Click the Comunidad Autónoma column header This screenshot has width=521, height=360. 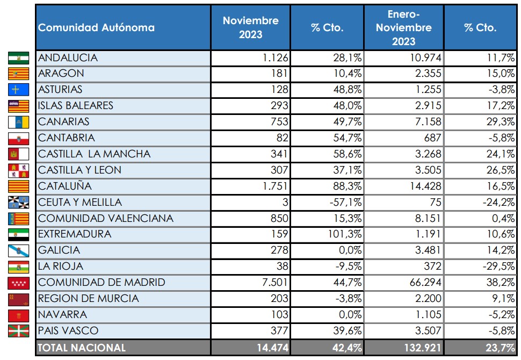pyautogui.click(x=97, y=27)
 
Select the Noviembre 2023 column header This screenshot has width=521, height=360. pyautogui.click(x=250, y=27)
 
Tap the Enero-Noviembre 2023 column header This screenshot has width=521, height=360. pyautogui.click(x=403, y=27)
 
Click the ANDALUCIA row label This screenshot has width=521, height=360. pyautogui.click(x=68, y=58)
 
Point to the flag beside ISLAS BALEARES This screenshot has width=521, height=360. pyautogui.click(x=18, y=106)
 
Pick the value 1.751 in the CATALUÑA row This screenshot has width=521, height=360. pyautogui.click(x=275, y=186)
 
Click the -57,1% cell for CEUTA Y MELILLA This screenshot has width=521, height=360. pyautogui.click(x=346, y=203)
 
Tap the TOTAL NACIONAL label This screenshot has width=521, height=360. pyautogui.click(x=82, y=348)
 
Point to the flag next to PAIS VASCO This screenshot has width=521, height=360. pyautogui.click(x=18, y=331)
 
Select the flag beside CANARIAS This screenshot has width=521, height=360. pyautogui.click(x=18, y=122)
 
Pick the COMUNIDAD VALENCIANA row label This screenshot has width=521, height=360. pyautogui.click(x=106, y=219)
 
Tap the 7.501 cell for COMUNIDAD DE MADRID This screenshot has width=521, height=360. pyautogui.click(x=275, y=283)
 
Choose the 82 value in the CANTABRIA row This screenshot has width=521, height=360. pyautogui.click(x=283, y=138)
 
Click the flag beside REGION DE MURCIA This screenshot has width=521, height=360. pyautogui.click(x=18, y=299)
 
